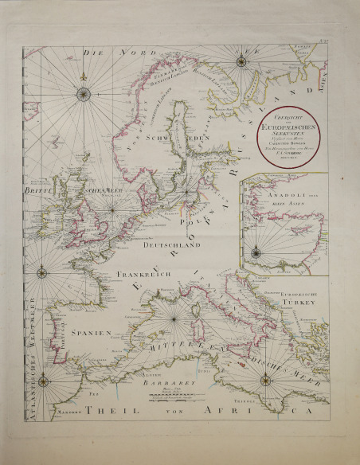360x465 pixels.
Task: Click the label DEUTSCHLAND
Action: (x=170, y=247)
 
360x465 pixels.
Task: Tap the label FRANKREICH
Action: (x=141, y=275)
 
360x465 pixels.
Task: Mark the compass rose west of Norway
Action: (x=83, y=95)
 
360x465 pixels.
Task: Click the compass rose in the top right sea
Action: (x=240, y=59)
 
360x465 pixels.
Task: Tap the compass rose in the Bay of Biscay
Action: (x=41, y=273)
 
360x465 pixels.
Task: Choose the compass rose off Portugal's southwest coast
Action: (x=43, y=380)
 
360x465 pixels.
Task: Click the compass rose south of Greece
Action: (x=261, y=381)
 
